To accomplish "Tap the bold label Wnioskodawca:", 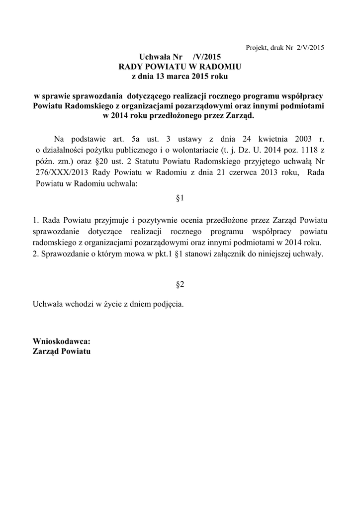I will tap(62, 341).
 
